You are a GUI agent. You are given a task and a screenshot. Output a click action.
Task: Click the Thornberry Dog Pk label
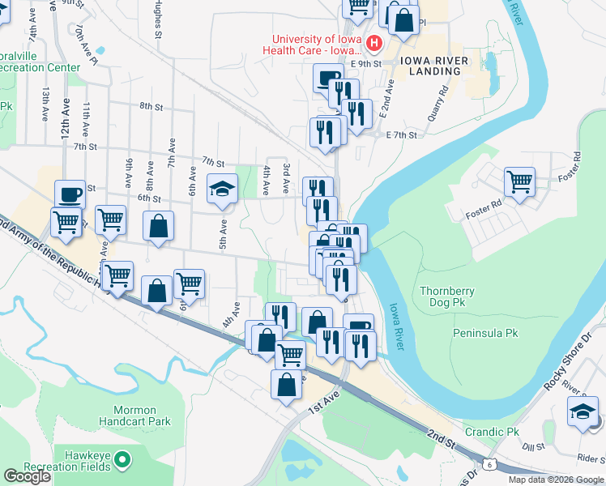447,296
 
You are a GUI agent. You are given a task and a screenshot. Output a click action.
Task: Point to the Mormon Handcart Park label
134,416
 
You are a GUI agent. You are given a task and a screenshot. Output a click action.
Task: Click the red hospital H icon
373,44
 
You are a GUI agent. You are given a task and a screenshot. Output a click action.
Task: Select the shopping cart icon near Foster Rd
519,181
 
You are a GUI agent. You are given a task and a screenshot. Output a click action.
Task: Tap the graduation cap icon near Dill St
583,412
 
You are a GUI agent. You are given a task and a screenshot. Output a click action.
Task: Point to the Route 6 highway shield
489,463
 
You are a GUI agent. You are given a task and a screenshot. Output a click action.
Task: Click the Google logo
27,476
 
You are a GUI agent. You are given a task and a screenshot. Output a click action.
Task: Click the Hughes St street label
157,23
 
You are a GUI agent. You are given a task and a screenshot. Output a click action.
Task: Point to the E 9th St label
365,62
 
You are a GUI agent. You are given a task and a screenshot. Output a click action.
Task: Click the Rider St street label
591,458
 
